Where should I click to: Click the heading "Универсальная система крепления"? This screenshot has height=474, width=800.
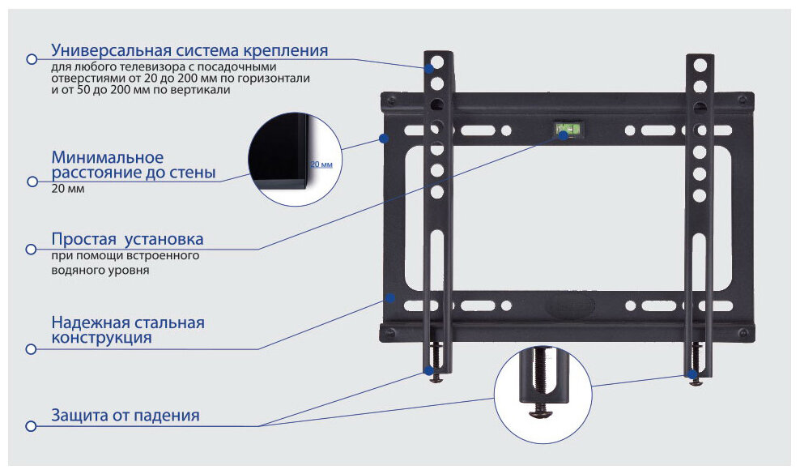pyautogui.click(x=189, y=51)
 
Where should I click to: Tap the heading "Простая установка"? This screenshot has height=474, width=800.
pyautogui.click(x=127, y=240)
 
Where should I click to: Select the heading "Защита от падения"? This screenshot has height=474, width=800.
pyautogui.click(x=125, y=416)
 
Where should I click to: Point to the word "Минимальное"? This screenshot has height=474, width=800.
pyautogui.click(x=108, y=157)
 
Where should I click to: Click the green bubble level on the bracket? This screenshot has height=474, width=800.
pyautogui.click(x=567, y=129)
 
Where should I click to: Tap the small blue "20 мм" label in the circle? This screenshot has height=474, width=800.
pyautogui.click(x=321, y=164)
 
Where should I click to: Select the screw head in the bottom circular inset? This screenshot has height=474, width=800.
pyautogui.click(x=540, y=412)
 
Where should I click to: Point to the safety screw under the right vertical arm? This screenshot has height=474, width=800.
pyautogui.click(x=695, y=378)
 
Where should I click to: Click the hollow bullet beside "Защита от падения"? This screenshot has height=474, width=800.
pyautogui.click(x=32, y=425)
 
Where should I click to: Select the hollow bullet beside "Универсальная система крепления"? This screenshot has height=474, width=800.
pyautogui.click(x=32, y=59)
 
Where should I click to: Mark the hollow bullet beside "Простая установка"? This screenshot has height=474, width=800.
pyautogui.click(x=32, y=249)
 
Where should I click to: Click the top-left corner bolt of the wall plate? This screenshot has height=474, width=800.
pyautogui.click(x=392, y=102)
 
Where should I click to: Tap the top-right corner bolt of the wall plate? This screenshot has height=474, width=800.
pyautogui.click(x=741, y=102)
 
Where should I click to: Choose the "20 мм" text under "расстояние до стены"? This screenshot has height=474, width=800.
pyautogui.click(x=67, y=189)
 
